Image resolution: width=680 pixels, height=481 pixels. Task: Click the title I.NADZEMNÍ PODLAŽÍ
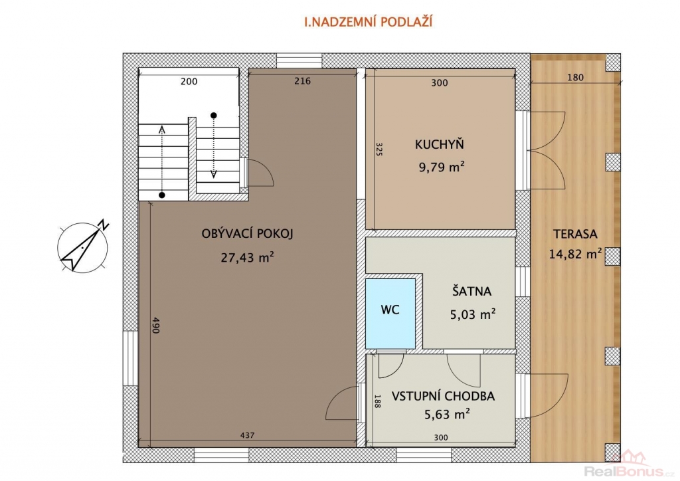click(369, 22)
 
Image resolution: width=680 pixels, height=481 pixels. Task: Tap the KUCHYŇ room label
click(440, 144)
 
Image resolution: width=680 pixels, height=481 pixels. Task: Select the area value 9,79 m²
click(442, 167)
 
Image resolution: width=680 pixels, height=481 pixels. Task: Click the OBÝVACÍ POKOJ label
click(247, 234)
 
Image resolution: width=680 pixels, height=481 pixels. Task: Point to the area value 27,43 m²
click(247, 257)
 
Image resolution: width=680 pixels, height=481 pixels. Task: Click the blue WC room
click(390, 314)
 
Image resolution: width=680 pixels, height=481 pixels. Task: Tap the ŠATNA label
click(472, 290)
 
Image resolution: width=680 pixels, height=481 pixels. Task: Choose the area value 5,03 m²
click(473, 314)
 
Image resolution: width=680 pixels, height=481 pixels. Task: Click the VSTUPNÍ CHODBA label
click(443, 396)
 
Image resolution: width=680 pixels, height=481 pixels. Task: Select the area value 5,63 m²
click(447, 415)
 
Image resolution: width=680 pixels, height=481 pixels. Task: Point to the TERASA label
click(575, 235)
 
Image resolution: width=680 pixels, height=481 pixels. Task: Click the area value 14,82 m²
click(575, 253)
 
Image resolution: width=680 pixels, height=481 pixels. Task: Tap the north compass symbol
click(83, 246)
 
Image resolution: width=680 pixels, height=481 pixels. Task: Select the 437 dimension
click(247, 435)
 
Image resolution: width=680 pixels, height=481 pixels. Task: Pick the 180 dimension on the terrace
click(575, 78)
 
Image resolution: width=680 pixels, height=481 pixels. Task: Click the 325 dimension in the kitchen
click(379, 149)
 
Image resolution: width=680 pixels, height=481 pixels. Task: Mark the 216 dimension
click(302, 80)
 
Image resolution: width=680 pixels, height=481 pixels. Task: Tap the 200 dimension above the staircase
click(189, 81)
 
